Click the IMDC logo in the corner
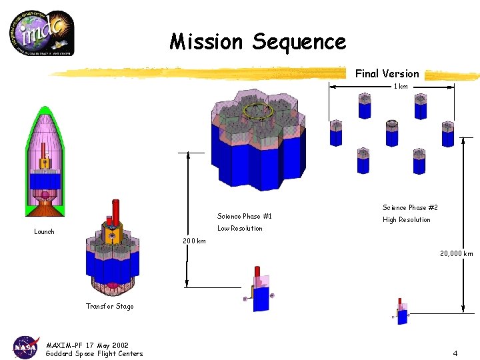pos(41,33)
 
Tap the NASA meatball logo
pos(26,347)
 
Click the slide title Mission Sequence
pos(258,42)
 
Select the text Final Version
pos(387,73)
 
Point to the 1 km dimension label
pos(400,86)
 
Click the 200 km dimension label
pos(194,241)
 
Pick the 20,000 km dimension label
pos(456,253)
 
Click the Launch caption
pos(44,232)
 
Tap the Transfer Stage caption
pos(109,307)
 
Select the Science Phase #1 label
pos(244,216)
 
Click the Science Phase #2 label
pos(410,208)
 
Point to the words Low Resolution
pos(240,228)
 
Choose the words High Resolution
pos(406,220)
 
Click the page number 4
pos(455,353)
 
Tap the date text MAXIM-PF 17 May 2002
pos(87,345)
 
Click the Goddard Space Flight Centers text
pos(94,353)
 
